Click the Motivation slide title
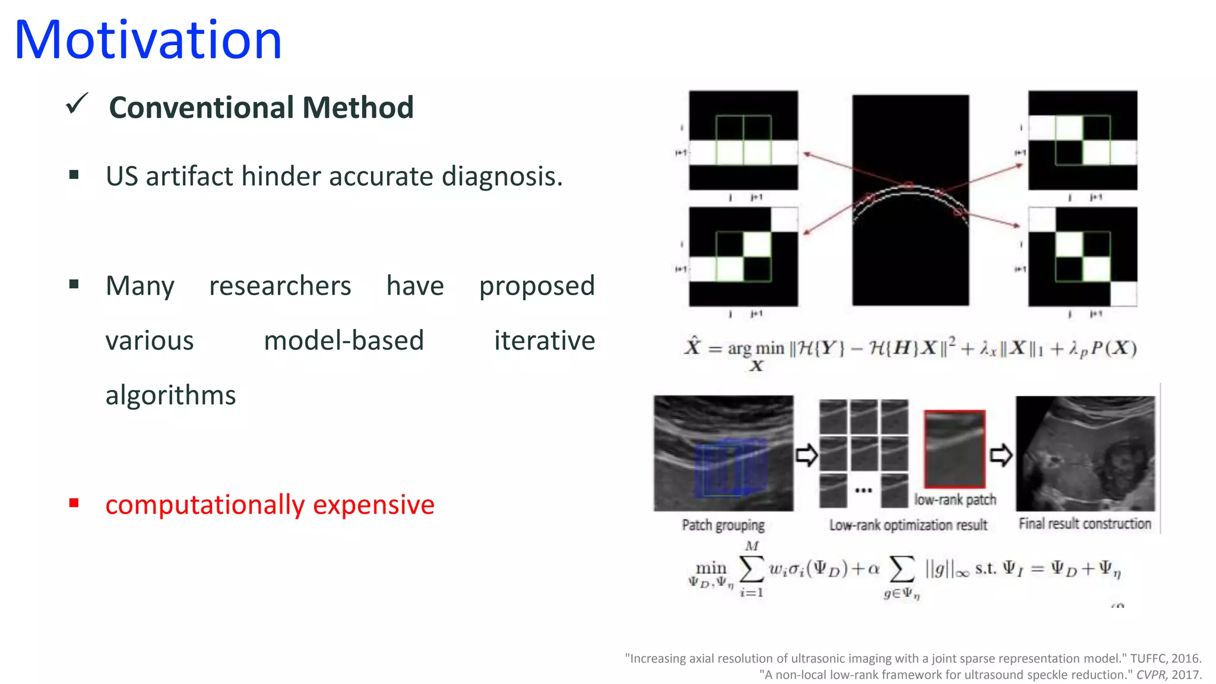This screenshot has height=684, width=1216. [148, 40]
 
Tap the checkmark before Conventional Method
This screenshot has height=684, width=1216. [77, 104]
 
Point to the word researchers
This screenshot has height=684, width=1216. [280, 286]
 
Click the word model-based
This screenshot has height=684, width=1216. [344, 341]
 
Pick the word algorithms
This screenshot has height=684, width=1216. [170, 395]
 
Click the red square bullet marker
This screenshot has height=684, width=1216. [74, 503]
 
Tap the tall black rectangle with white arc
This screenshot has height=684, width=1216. [910, 200]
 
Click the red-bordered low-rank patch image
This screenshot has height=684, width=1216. [954, 449]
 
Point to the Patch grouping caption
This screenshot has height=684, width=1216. [723, 525]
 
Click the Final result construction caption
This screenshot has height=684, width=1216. [1084, 524]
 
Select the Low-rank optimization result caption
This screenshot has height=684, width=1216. [908, 525]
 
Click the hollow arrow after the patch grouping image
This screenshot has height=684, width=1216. [806, 455]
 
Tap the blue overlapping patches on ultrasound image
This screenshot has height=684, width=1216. [730, 468]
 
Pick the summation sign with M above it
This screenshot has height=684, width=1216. [751, 569]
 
